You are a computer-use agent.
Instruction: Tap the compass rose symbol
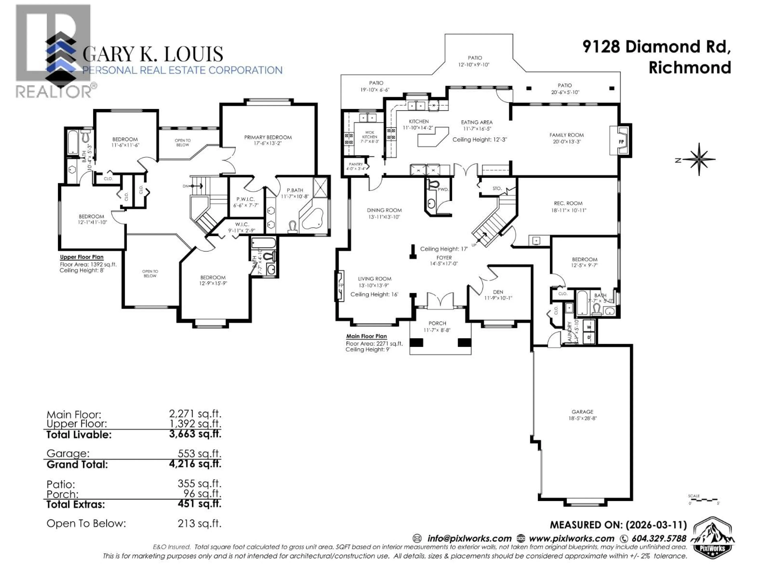tap(699, 160)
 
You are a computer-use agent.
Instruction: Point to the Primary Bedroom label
tap(268, 137)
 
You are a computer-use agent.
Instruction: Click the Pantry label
tap(356, 164)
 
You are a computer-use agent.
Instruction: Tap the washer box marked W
tap(589, 327)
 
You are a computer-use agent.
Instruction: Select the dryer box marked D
tap(589, 337)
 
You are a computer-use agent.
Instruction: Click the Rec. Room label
tap(568, 203)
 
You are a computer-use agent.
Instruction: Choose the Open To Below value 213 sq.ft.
tap(199, 523)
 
